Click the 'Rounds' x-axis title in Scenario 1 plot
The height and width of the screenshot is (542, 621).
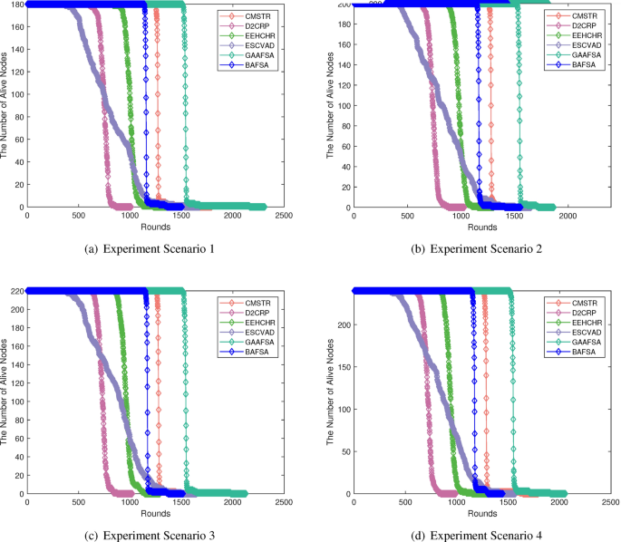(x=155, y=227)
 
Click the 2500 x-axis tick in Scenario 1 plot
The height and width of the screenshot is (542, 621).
(x=283, y=217)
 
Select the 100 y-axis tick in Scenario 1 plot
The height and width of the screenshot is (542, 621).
(x=17, y=94)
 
